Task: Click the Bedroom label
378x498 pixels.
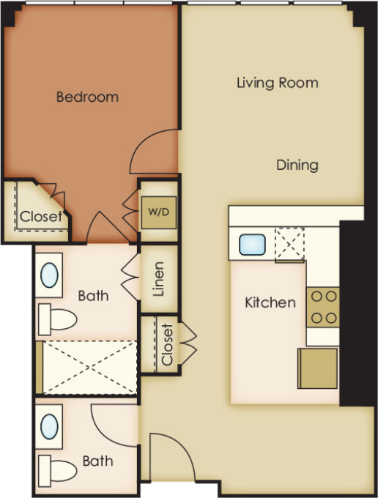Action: (87, 97)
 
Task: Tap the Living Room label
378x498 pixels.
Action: (278, 83)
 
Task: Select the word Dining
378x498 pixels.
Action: (297, 166)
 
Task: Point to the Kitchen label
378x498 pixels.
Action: (270, 302)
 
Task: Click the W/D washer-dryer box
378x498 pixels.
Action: (159, 212)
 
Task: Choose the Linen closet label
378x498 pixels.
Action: (158, 279)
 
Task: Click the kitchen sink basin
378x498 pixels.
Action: (252, 245)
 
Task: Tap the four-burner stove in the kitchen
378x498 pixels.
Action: (323, 307)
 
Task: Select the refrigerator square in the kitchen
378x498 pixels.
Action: (317, 368)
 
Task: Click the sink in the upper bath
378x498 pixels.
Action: (50, 275)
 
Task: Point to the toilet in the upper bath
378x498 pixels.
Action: (57, 319)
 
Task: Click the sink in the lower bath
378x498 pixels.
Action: (50, 426)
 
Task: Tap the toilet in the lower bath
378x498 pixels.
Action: (57, 471)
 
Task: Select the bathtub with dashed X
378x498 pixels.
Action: (86, 368)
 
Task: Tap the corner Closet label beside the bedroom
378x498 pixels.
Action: (41, 217)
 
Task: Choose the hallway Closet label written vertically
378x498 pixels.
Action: (168, 345)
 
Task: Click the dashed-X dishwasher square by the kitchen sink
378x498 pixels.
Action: (289, 244)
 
